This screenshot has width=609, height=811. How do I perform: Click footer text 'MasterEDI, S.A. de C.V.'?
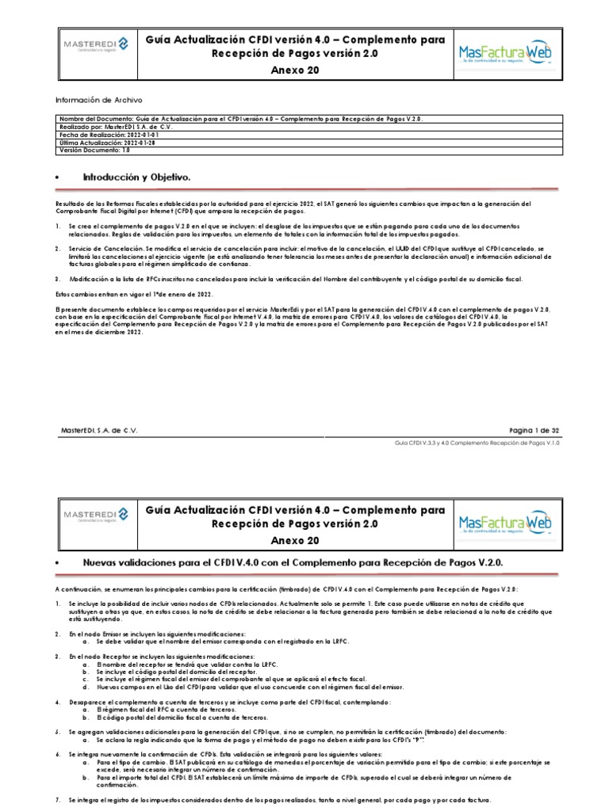(104, 430)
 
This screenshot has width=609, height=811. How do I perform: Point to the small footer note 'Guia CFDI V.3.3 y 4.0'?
(477, 444)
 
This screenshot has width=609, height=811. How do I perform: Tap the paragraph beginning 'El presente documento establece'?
(301, 321)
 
